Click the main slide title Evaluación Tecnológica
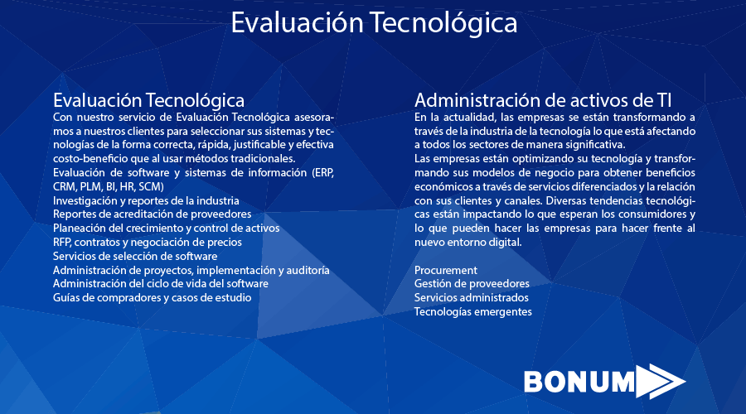(x=374, y=23)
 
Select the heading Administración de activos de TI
(x=543, y=100)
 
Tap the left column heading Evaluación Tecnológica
(x=148, y=100)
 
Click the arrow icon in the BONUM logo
(x=661, y=381)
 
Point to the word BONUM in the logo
(x=579, y=382)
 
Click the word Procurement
(x=445, y=270)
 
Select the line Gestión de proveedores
(x=472, y=284)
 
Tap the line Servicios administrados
(x=471, y=297)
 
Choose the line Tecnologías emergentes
(x=473, y=312)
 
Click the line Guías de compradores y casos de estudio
(x=152, y=298)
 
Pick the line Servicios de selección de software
(x=134, y=256)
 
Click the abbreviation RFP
(x=62, y=243)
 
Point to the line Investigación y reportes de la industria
(x=146, y=200)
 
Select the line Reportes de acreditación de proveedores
(x=152, y=214)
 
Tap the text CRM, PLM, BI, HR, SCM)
(x=108, y=186)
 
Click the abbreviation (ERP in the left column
(x=323, y=172)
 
